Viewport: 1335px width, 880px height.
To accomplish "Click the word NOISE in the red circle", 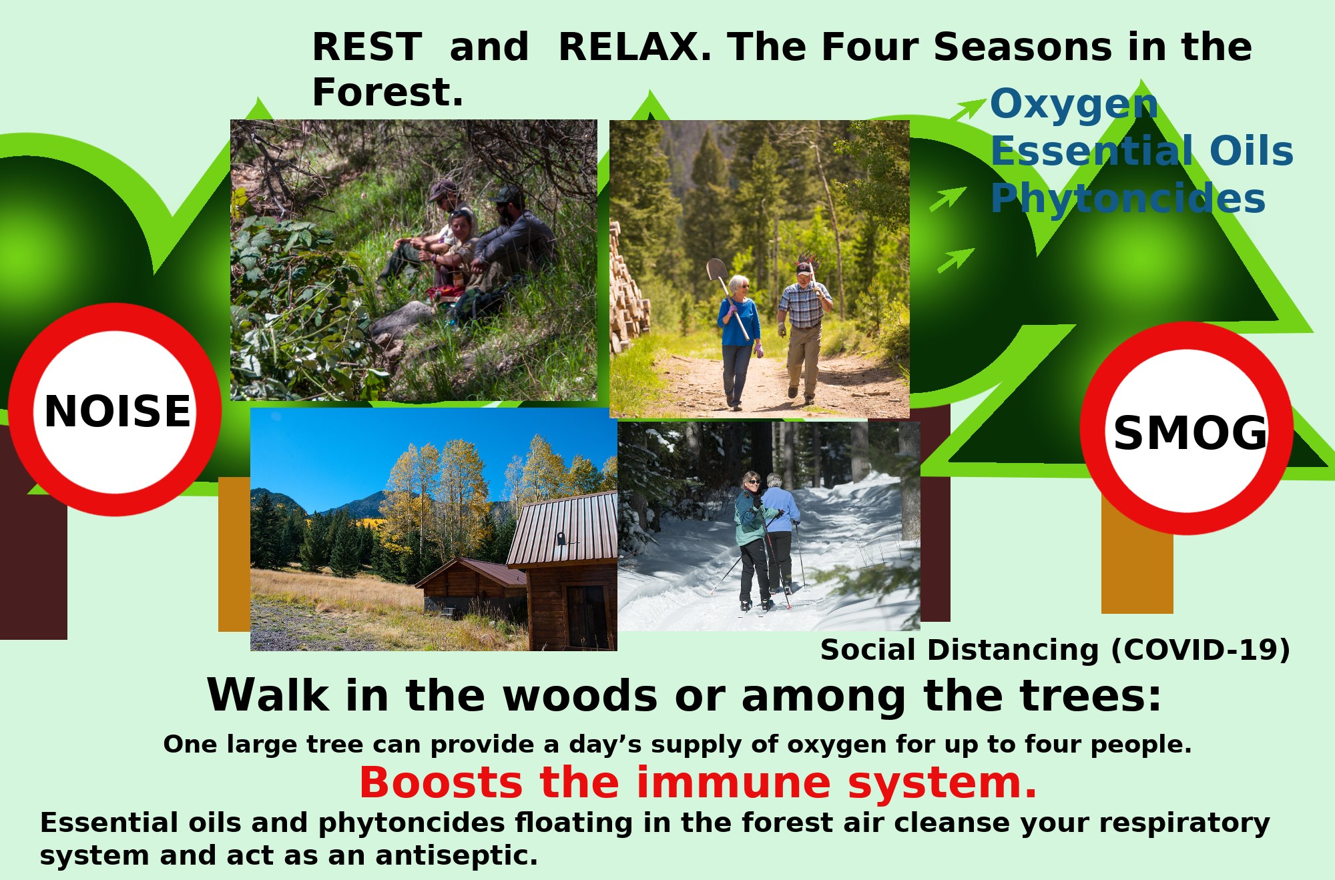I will pos(117,411).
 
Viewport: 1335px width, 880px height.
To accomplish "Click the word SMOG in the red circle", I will pos(1189,433).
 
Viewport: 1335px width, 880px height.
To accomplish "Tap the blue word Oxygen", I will pos(1073,105).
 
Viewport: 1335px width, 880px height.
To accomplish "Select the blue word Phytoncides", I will pos(1127,198).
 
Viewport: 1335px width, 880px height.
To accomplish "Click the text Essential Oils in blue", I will pos(1141,151).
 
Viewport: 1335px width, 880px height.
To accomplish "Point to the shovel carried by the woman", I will pos(718,271).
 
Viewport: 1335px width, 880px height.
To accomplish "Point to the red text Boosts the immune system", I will pos(698,783).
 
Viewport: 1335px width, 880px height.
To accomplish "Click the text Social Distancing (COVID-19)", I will pos(1055,650).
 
